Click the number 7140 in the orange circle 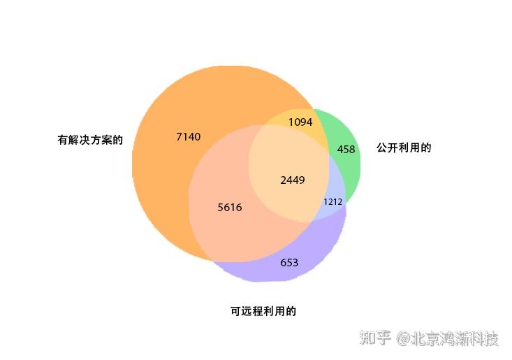[x=188, y=137]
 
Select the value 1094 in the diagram [x=300, y=122]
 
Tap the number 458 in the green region [x=346, y=149]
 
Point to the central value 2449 [x=292, y=180]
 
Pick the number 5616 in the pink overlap [x=230, y=208]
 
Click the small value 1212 [x=332, y=202]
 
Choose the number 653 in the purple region [x=289, y=263]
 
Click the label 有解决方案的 [x=90, y=140]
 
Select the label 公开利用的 [x=404, y=148]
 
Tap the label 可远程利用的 [x=263, y=312]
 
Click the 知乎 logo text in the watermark [x=375, y=339]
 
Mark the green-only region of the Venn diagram [x=348, y=164]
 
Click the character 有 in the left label [x=63, y=140]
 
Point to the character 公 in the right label [x=381, y=148]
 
